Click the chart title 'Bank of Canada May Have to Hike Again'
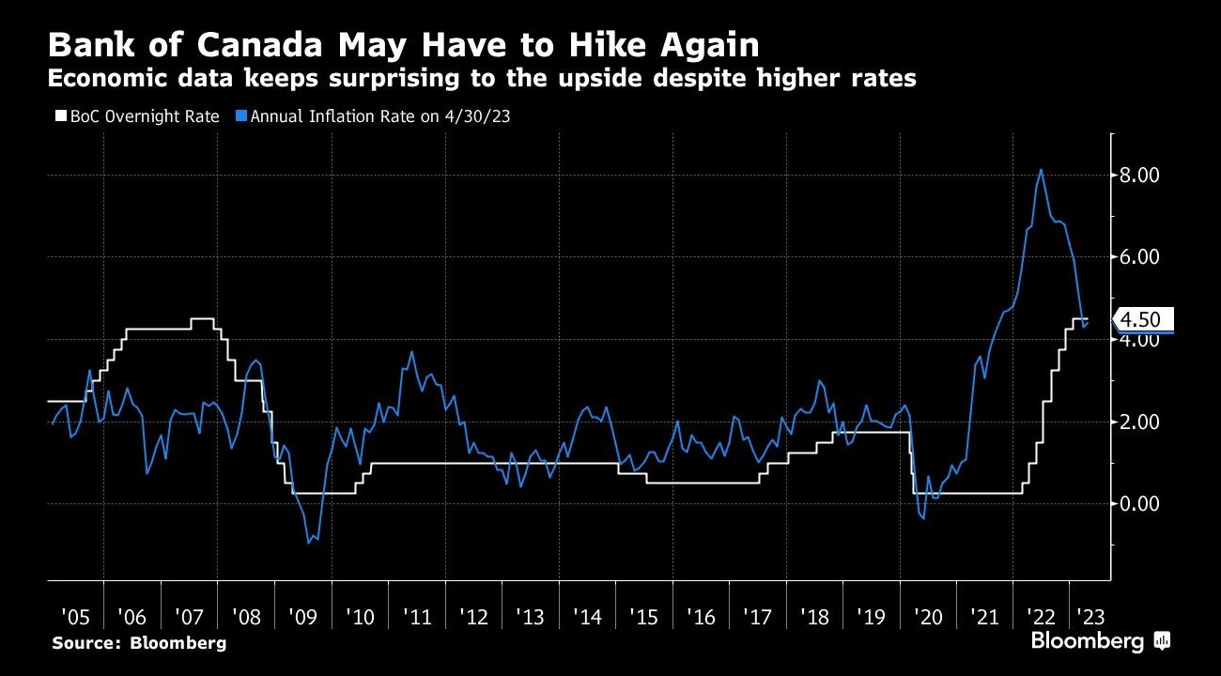404,45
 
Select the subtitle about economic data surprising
481,79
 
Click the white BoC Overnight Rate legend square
61,116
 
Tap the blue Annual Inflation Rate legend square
241,116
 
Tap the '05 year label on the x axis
75,617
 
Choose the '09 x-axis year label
303,617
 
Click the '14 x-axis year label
587,617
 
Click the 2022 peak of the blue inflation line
1041,170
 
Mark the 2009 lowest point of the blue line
309,543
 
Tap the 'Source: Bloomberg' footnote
139,643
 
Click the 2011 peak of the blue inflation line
411,352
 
